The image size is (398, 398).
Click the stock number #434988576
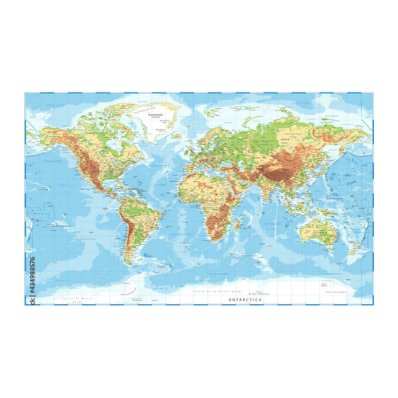[x=32, y=269]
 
